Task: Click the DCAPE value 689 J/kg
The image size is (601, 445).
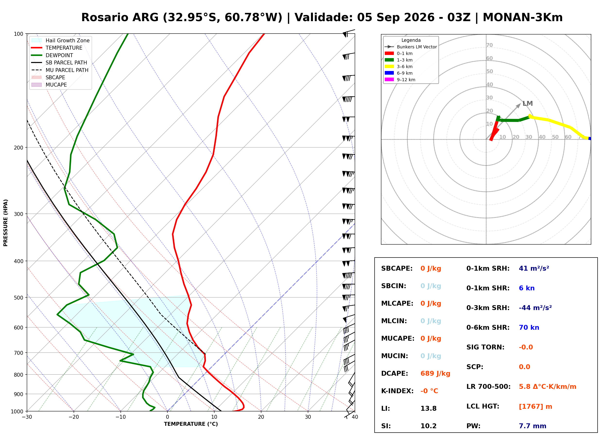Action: coord(435,373)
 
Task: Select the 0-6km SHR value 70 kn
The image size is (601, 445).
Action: coord(529,327)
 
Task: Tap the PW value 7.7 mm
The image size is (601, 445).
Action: coord(532,426)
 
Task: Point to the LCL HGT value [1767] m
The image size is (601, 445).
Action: coord(535,407)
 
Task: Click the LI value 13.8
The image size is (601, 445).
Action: coord(428,408)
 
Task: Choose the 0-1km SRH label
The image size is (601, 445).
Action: coord(488,268)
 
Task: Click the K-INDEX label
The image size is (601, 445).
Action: coord(397,391)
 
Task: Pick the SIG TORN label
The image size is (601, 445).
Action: coord(485,347)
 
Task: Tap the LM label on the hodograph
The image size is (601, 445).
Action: coord(527,103)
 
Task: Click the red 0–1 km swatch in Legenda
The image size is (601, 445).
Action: coord(389,53)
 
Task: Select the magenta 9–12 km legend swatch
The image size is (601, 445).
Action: coord(389,80)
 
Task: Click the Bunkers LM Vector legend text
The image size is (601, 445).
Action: coord(417,47)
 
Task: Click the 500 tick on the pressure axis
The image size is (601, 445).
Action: coord(18,298)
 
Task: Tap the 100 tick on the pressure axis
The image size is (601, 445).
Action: coord(18,34)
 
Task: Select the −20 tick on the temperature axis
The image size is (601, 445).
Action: coord(73,417)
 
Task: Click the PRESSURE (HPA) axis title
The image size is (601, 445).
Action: coord(6,222)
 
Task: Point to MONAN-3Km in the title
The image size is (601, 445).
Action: coord(523,18)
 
